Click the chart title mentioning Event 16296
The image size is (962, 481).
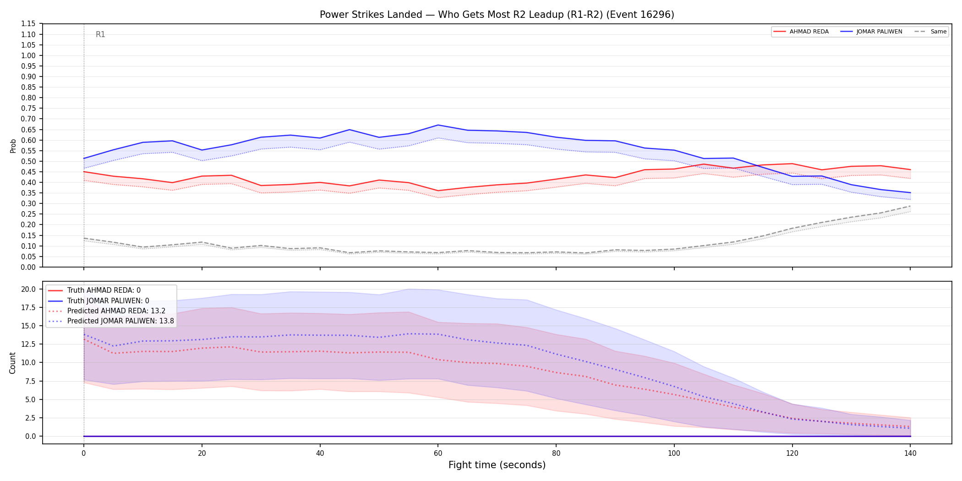(x=497, y=15)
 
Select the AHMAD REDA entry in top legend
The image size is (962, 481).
(x=801, y=32)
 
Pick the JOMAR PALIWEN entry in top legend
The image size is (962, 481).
(x=871, y=32)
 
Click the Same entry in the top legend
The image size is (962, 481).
(x=930, y=32)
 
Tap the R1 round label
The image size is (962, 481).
(x=100, y=34)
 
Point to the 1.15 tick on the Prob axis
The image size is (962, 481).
(x=28, y=24)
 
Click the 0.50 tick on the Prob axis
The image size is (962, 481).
(x=28, y=161)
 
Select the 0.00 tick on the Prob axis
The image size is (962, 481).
(x=28, y=267)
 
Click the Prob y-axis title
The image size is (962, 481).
(x=13, y=146)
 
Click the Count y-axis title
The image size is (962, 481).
(x=12, y=363)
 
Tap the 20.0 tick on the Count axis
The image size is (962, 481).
(x=28, y=289)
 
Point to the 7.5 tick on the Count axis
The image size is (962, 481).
(x=31, y=381)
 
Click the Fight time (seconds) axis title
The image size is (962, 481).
(x=497, y=465)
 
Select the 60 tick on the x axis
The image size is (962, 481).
(x=438, y=454)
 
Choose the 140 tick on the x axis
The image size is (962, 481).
(x=910, y=454)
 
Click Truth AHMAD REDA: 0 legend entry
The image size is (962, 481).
(x=94, y=290)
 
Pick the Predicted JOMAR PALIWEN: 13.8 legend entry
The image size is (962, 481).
(x=111, y=321)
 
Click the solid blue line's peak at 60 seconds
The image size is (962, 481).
(x=438, y=125)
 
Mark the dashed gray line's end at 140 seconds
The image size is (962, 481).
(x=910, y=206)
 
